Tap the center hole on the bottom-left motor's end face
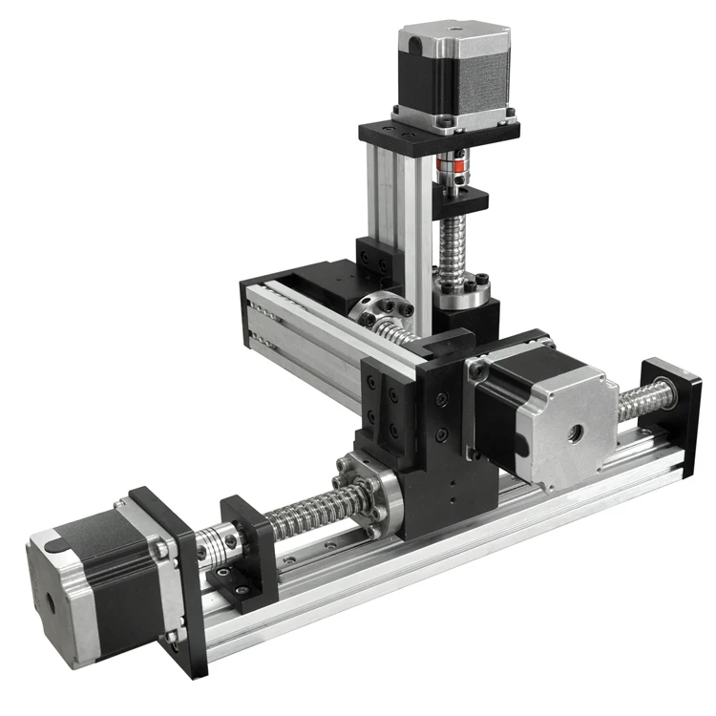tap(48, 603)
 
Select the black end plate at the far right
tap(670, 411)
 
